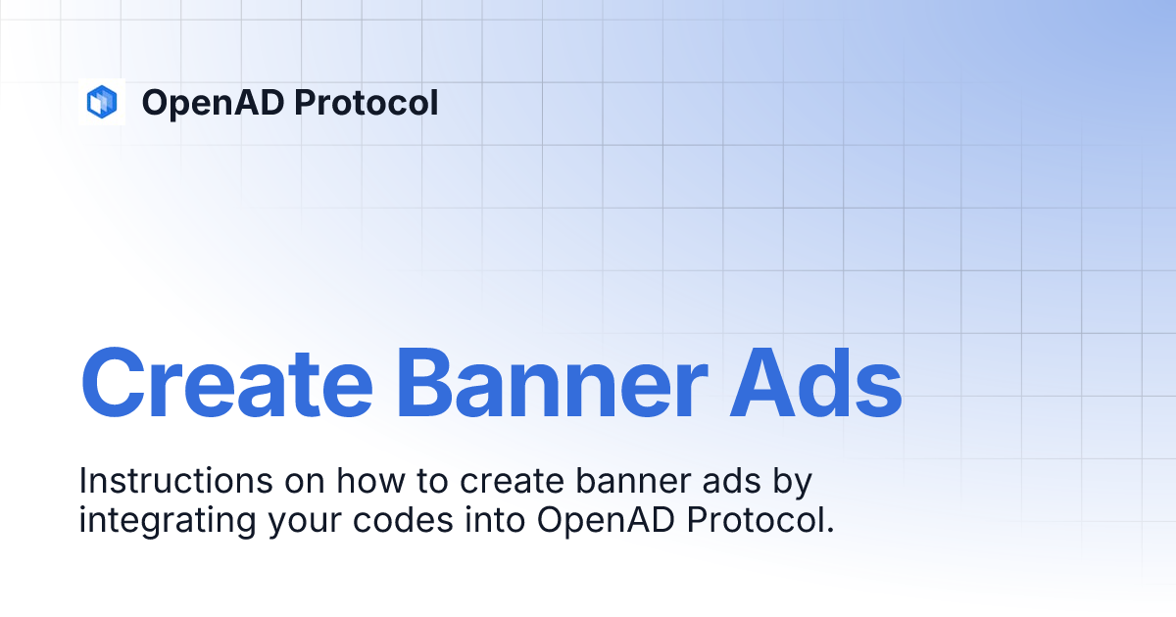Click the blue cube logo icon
pos(102,101)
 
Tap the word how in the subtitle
pos(362,482)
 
